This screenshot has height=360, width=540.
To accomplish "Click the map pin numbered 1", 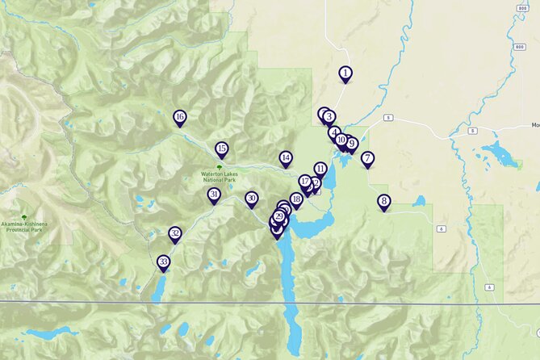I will (345, 73).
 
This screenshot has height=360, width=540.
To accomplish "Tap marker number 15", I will (221, 149).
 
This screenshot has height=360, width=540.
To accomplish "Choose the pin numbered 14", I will (286, 157).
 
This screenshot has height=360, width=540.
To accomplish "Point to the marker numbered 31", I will (214, 195).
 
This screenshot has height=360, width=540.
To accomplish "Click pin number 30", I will (251, 198).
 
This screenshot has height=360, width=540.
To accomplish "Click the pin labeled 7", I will (367, 158).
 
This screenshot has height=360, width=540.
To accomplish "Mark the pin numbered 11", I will (320, 169).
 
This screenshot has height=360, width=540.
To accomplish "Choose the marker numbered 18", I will (296, 199).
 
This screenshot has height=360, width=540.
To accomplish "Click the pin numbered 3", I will (329, 117).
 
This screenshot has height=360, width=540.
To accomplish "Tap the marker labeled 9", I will (351, 144).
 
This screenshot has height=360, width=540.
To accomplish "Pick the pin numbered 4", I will (334, 132).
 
